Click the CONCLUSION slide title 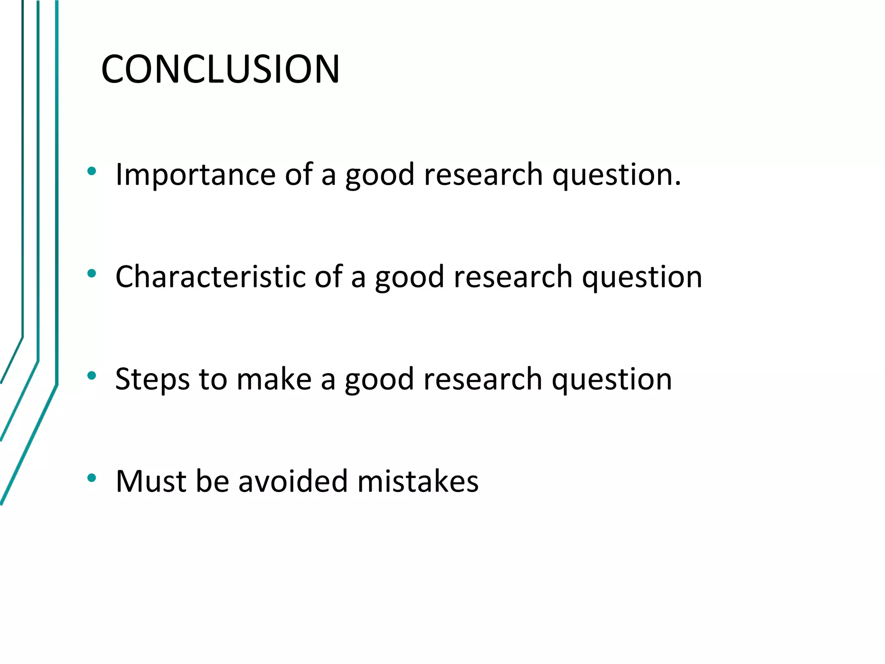tap(220, 69)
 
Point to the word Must tap(151, 481)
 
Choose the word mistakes tap(418, 481)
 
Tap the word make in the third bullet tap(274, 379)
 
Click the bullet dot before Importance tap(91, 171)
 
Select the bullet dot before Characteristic tap(91, 274)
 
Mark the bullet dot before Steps tap(91, 376)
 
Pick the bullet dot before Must tap(91, 478)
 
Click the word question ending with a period tap(616, 175)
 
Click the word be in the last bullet tap(212, 481)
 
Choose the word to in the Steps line tap(213, 379)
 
